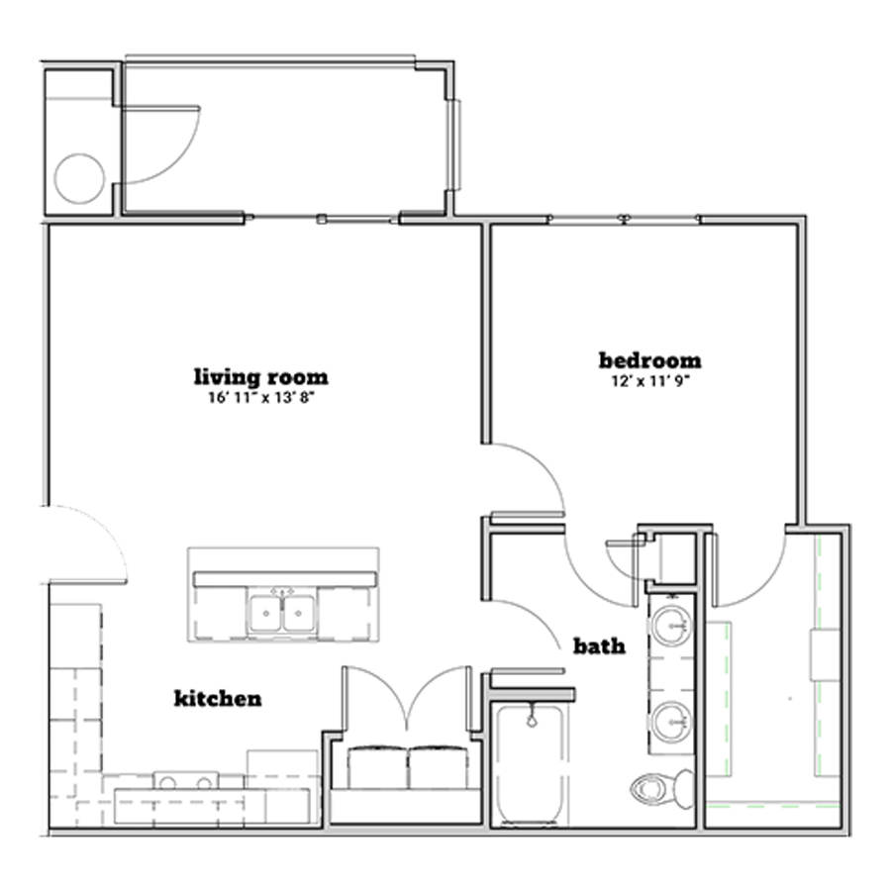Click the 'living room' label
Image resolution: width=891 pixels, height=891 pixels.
[261, 377]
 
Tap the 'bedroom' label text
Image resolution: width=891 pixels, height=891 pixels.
[650, 360]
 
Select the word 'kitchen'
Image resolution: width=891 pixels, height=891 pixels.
[218, 698]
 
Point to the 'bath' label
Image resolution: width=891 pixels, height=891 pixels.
[600, 646]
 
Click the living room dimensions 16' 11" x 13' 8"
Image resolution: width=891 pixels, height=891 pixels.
[261, 398]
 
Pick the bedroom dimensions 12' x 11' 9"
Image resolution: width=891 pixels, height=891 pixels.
[650, 381]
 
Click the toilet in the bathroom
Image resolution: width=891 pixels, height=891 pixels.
[662, 789]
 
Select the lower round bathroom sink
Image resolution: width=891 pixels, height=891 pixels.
[671, 722]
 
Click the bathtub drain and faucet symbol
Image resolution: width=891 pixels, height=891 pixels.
[532, 716]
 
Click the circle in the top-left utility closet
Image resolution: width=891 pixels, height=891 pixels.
[79, 178]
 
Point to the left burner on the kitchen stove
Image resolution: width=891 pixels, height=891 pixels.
[167, 784]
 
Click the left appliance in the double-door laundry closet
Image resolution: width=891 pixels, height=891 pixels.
[377, 766]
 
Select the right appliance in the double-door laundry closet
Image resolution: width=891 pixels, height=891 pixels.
[439, 766]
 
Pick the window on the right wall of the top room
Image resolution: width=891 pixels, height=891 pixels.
[454, 145]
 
